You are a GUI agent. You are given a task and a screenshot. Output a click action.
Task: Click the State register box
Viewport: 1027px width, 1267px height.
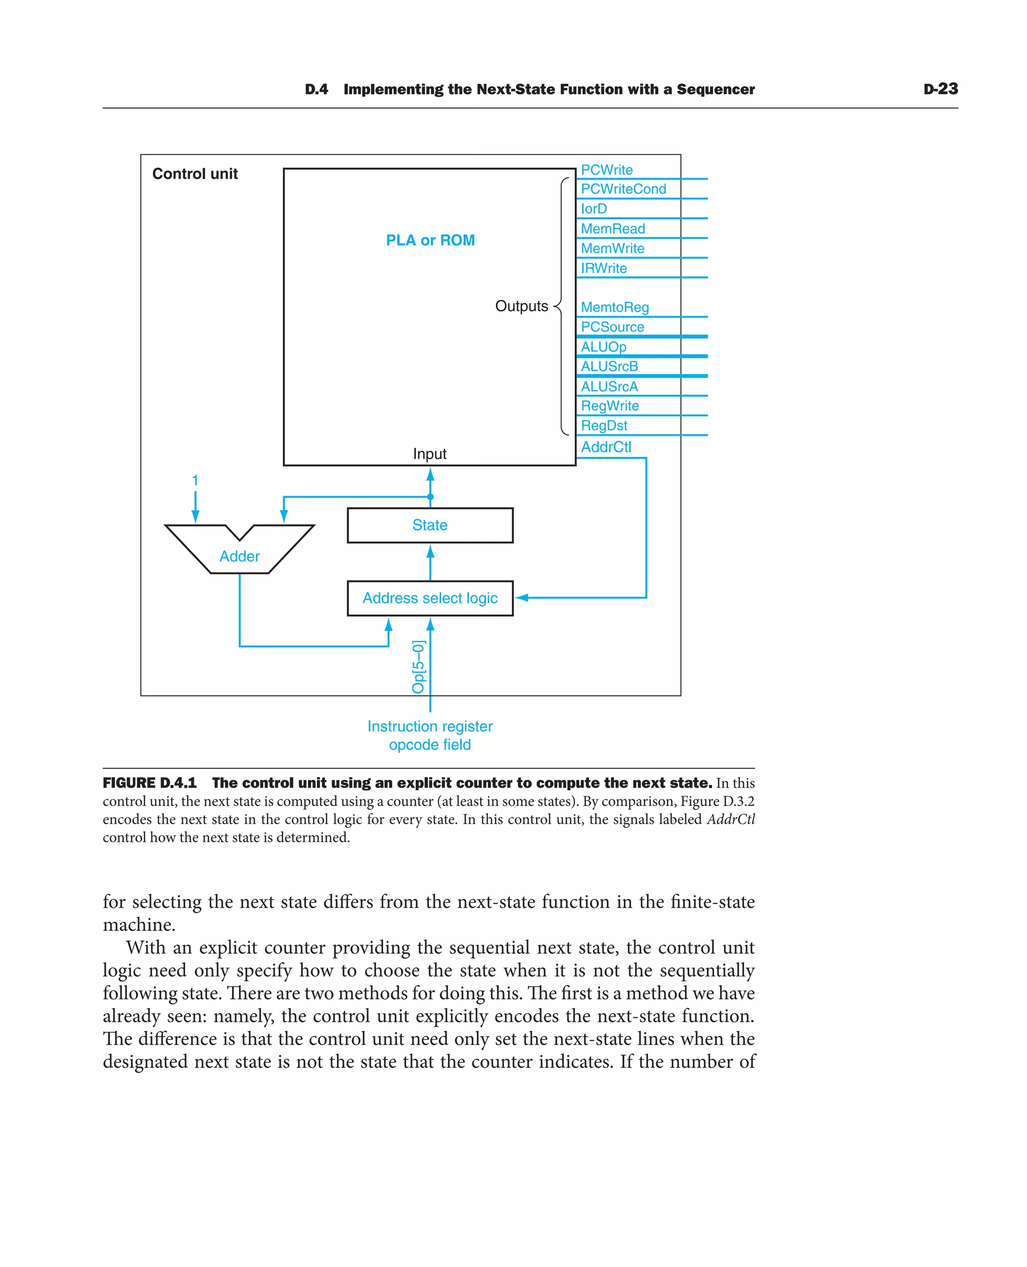(x=430, y=525)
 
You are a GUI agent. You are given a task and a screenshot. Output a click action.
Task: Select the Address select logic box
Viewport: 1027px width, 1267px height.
(x=430, y=598)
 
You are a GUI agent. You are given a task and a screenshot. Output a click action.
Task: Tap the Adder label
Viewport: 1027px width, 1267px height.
(x=240, y=556)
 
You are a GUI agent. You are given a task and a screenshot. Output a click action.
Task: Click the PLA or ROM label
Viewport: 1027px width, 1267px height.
(x=430, y=240)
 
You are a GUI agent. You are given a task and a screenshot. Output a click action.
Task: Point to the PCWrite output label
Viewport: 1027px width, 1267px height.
(x=606, y=170)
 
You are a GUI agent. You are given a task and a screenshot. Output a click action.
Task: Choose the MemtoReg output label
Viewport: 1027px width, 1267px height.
(x=615, y=307)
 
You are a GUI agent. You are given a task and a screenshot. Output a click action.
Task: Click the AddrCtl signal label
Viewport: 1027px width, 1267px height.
(x=606, y=447)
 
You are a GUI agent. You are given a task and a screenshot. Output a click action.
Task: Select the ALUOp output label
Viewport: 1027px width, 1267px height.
(x=603, y=347)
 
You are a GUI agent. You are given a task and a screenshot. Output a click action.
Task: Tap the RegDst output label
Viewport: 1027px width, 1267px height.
(x=604, y=425)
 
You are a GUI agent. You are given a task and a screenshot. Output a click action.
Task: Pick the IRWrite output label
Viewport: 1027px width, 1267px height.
(x=603, y=268)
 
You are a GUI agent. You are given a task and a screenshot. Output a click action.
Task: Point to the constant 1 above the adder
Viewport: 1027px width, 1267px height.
(x=195, y=481)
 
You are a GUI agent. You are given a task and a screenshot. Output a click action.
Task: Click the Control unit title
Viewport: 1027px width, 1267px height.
(x=195, y=174)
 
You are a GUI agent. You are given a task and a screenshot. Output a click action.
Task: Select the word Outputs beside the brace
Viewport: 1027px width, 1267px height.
(x=521, y=306)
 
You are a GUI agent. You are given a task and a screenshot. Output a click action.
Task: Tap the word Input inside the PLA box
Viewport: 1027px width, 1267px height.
(x=429, y=454)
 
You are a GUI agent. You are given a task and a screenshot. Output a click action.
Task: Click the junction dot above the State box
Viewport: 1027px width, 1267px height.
(x=430, y=497)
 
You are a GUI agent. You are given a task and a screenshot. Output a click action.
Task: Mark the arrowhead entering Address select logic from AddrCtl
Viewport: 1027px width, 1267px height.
(x=521, y=598)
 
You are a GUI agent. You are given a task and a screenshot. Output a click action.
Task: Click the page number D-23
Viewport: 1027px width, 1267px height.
(x=940, y=89)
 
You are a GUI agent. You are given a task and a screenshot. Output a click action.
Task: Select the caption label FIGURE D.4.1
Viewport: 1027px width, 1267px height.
(x=149, y=783)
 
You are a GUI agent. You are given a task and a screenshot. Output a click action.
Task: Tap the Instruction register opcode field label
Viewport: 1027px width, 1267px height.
(x=430, y=735)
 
